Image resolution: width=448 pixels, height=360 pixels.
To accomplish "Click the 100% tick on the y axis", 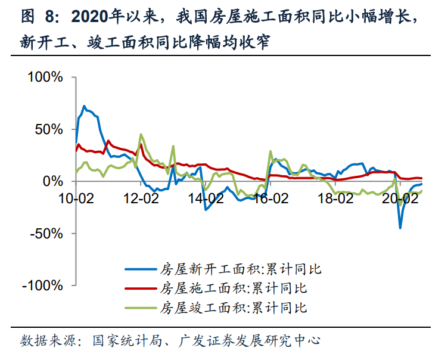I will pos(46,77).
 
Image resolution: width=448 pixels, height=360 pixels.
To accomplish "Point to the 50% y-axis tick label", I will pos(49,129).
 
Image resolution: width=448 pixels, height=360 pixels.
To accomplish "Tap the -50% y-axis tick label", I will pos(46,233).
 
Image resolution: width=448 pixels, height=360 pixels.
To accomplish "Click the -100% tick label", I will pos(43,285).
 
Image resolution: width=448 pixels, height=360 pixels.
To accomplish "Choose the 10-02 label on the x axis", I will pos(77,199).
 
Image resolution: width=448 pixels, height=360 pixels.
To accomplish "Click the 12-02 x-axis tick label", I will pos(142,199).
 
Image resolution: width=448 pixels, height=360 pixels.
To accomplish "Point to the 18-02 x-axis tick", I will pos(336,199).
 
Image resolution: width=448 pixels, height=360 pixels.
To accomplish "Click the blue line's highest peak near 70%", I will pos(84,106).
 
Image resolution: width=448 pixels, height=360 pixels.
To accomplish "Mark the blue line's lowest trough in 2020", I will pos(400,228).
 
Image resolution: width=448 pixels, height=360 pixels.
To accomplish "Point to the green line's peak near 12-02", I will pos(141,134).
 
